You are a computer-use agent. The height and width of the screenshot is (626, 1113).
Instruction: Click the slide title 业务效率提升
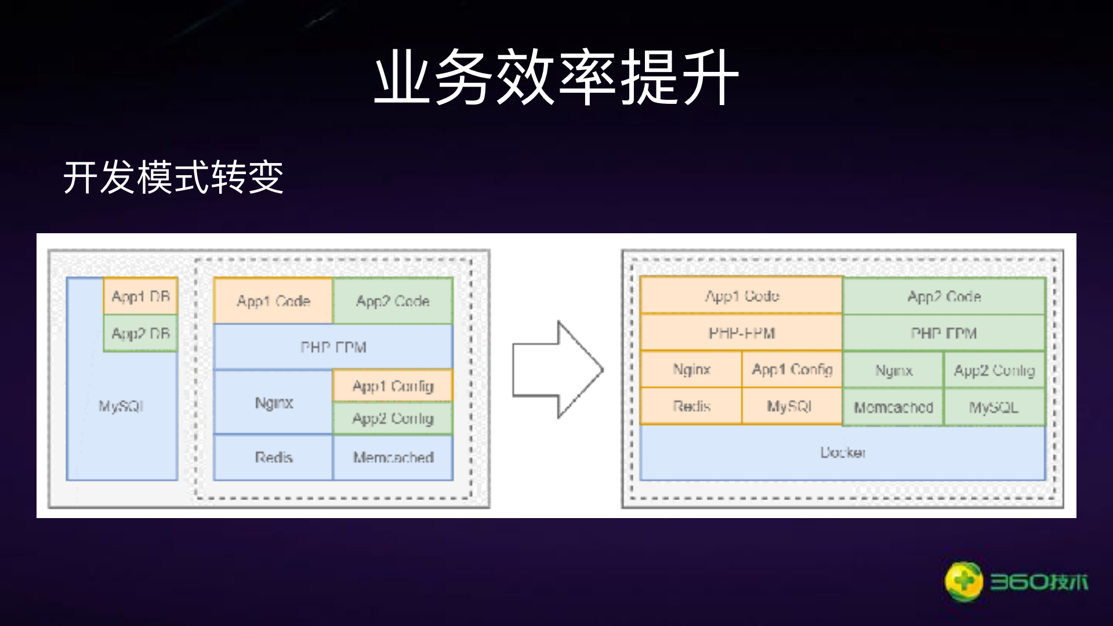556,77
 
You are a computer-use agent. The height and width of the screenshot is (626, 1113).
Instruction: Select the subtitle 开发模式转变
173,177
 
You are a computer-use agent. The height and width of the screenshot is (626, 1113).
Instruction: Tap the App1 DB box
140,296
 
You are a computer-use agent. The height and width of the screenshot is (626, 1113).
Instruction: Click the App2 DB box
140,334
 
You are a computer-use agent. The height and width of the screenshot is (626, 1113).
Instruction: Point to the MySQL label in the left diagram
121,406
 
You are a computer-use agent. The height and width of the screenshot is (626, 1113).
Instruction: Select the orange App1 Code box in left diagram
273,301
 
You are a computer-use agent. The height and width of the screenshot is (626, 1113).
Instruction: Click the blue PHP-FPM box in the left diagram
333,347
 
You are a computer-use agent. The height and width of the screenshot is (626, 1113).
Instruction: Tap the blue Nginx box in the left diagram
273,403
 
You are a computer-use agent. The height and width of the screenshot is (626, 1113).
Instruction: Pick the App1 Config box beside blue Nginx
393,386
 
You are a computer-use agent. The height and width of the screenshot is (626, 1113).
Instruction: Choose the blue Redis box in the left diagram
273,457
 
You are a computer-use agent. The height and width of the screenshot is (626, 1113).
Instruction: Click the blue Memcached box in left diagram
393,457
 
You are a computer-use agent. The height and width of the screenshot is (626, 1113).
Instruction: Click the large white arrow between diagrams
557,370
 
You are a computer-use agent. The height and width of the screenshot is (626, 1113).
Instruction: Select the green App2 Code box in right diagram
944,296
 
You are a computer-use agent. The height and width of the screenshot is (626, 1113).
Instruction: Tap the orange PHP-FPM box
741,333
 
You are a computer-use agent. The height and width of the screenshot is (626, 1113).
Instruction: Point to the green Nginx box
893,370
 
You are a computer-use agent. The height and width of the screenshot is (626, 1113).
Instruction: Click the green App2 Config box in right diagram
994,370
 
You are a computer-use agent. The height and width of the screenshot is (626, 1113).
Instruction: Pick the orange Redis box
691,406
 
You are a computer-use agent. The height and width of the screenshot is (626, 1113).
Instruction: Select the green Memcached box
893,407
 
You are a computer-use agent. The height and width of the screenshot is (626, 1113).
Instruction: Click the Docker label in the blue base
842,452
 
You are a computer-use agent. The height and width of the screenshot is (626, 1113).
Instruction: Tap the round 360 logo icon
963,581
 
